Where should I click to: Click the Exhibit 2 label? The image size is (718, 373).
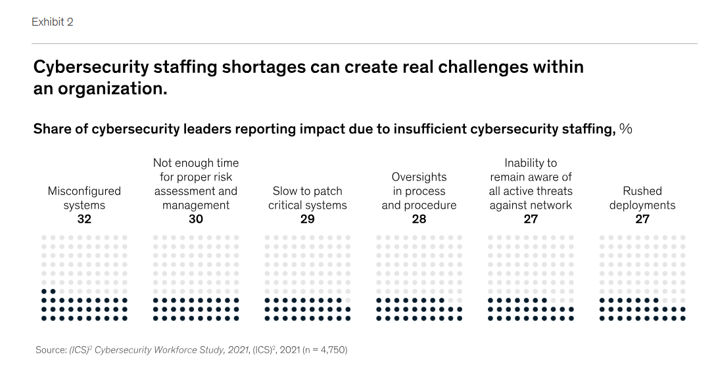pyautogui.click(x=52, y=22)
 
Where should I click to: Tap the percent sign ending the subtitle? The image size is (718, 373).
pyautogui.click(x=625, y=129)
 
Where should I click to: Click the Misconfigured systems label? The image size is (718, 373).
pyautogui.click(x=84, y=198)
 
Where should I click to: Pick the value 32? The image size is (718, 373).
pyautogui.click(x=84, y=219)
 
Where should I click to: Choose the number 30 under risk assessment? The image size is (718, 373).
pyautogui.click(x=196, y=219)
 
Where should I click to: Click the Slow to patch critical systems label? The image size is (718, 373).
pyautogui.click(x=307, y=198)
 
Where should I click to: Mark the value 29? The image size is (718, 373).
pyautogui.click(x=307, y=219)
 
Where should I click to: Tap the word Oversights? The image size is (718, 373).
pyautogui.click(x=419, y=177)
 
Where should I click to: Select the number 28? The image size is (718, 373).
pyautogui.click(x=419, y=219)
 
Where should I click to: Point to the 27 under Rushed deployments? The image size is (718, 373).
pyautogui.click(x=642, y=219)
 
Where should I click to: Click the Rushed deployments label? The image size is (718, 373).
pyautogui.click(x=642, y=198)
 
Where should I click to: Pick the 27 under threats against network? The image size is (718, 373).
pyautogui.click(x=531, y=219)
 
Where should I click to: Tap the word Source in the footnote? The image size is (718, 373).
pyautogui.click(x=50, y=350)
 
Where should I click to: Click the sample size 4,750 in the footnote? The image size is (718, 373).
pyautogui.click(x=331, y=350)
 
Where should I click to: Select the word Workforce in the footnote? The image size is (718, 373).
pyautogui.click(x=183, y=350)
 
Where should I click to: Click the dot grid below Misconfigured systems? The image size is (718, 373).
pyautogui.click(x=84, y=278)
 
